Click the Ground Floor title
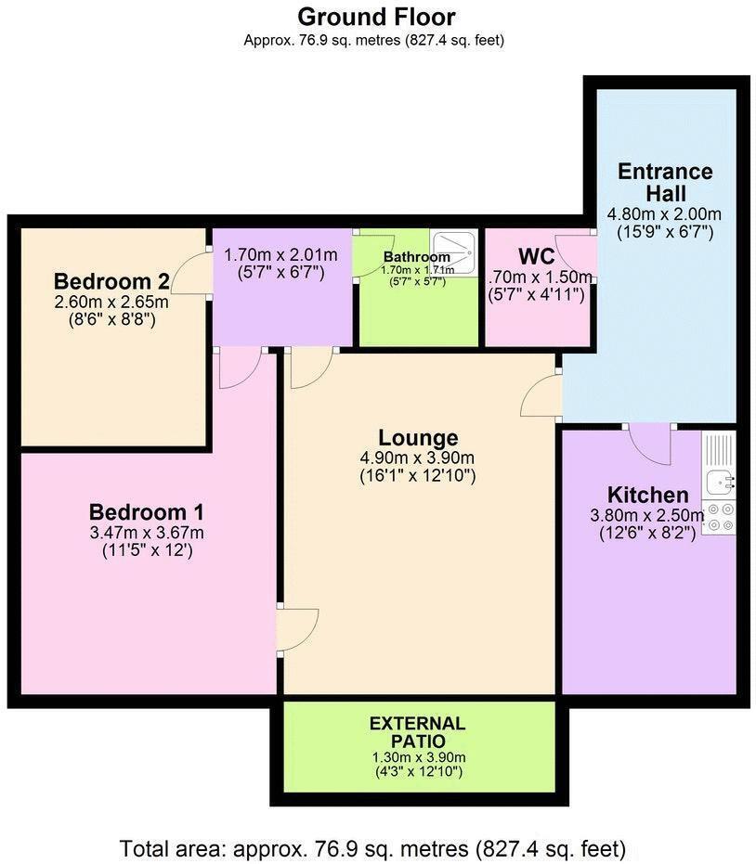376,16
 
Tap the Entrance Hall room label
666,182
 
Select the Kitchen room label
647,495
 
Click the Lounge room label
418,437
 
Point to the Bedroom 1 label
147,511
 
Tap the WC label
536,255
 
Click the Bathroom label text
417,257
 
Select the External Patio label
417,732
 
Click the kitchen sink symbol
720,482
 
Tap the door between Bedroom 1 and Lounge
297,630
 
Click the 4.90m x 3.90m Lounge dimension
418,458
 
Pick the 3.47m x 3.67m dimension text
147,533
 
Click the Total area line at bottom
372,848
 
